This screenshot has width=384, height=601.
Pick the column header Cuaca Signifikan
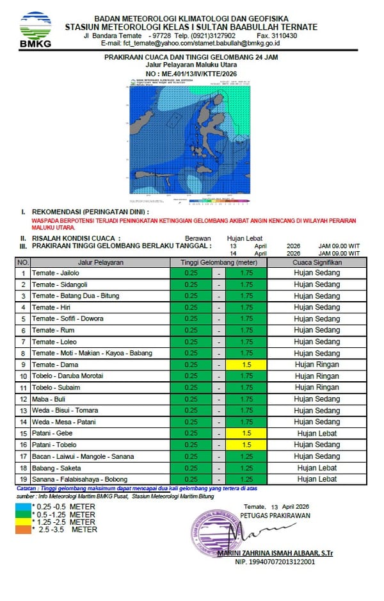click(x=317, y=262)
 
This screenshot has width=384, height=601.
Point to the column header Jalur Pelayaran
click(x=100, y=262)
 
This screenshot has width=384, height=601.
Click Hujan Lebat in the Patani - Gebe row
click(x=317, y=434)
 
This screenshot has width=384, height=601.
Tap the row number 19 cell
click(x=22, y=479)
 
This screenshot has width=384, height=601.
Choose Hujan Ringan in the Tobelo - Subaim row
click(x=317, y=388)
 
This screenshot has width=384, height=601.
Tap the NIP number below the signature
click(x=275, y=562)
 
